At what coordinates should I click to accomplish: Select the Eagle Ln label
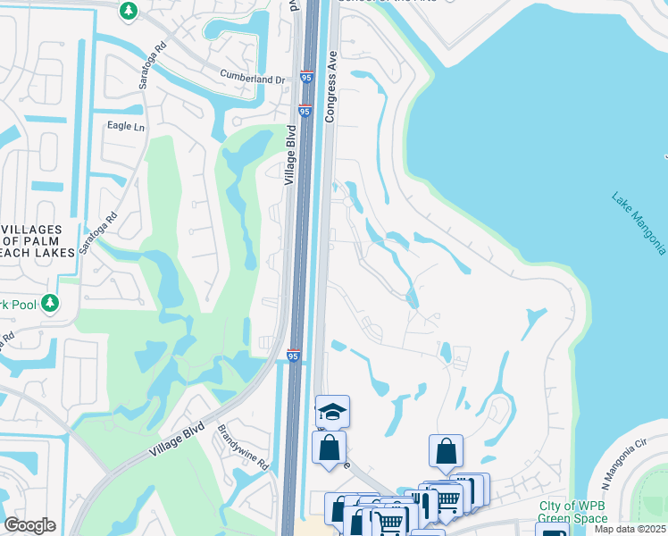click(x=126, y=127)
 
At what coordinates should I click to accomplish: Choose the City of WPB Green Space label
click(x=572, y=512)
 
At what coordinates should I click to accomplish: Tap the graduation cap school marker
click(x=332, y=411)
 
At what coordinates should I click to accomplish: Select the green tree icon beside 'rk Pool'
click(x=50, y=305)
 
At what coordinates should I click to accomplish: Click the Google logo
click(x=29, y=525)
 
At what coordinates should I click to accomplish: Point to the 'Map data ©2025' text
click(x=630, y=529)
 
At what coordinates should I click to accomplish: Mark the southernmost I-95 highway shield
click(x=293, y=356)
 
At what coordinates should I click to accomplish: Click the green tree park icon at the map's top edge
click(x=129, y=10)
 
